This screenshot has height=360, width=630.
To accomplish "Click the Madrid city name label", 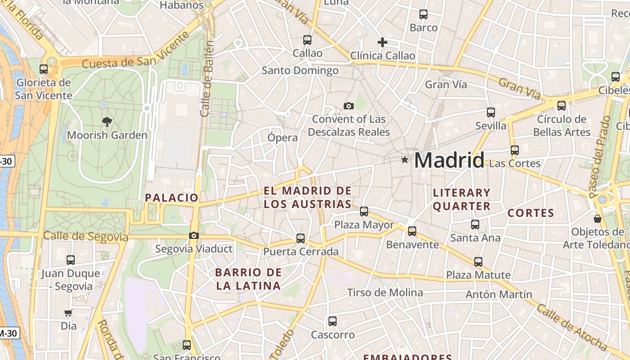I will [x=449, y=161].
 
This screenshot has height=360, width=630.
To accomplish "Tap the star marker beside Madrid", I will [x=405, y=159].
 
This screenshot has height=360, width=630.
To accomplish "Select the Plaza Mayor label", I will [x=364, y=225].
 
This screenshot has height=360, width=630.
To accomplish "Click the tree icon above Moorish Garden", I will [x=107, y=121].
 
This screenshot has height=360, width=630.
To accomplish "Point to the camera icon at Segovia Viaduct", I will [x=194, y=235].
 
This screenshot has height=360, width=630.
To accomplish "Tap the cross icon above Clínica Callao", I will [x=382, y=42].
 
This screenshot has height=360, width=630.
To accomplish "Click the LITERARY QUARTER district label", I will [x=461, y=199].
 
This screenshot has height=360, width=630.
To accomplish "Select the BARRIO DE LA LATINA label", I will [x=248, y=279].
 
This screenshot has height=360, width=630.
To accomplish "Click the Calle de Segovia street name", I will [x=85, y=236].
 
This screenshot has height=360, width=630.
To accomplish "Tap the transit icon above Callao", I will [x=307, y=40].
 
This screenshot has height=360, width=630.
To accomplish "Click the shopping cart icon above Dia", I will [x=68, y=313].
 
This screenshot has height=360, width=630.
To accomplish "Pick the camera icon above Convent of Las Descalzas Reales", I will [x=348, y=106].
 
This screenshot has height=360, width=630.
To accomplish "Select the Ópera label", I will [x=283, y=137].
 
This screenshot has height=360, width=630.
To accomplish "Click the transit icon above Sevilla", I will [x=490, y=112].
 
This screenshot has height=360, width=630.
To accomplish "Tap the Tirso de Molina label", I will [x=385, y=292].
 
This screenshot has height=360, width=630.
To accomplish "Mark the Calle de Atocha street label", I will [x=571, y=327].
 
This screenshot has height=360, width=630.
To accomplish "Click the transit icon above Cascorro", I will [x=333, y=321].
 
